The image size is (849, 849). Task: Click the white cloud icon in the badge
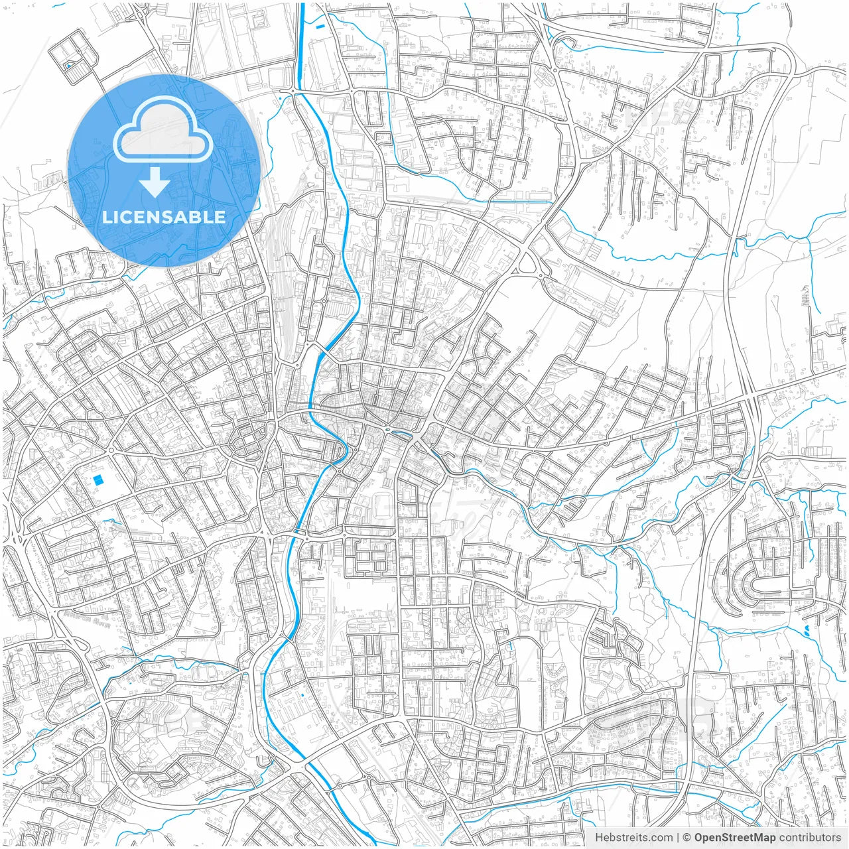[x=163, y=130]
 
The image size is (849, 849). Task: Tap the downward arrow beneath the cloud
[x=155, y=182]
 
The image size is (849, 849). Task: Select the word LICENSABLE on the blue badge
[x=164, y=217]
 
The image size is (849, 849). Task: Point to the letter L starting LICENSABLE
[x=106, y=217]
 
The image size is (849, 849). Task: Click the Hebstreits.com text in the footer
[x=633, y=838]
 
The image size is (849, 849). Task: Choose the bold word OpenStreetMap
[x=734, y=838]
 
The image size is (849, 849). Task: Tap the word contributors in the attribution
[x=810, y=838]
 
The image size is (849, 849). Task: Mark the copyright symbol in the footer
[x=687, y=838]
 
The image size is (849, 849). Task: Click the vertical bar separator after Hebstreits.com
[x=677, y=838]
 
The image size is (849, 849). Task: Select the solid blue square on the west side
[x=98, y=479]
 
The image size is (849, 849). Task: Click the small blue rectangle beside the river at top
[x=322, y=27]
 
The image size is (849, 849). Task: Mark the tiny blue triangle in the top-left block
[x=68, y=66]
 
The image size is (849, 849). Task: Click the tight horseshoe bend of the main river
[x=342, y=452]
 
